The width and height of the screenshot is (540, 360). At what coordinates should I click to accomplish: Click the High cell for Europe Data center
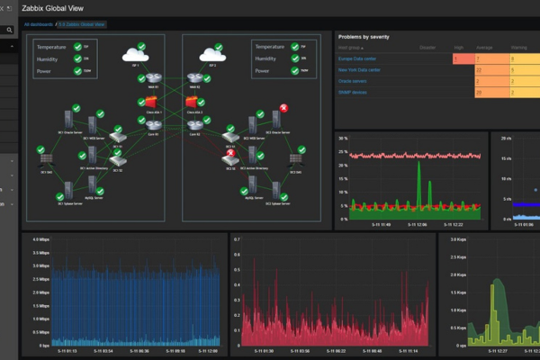459,58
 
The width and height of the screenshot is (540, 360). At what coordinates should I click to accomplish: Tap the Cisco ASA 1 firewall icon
150,101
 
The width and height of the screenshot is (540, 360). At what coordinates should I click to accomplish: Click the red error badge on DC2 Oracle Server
283,108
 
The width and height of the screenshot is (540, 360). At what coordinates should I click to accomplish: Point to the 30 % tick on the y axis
343,139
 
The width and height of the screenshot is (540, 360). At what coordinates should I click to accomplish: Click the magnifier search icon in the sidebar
10,30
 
